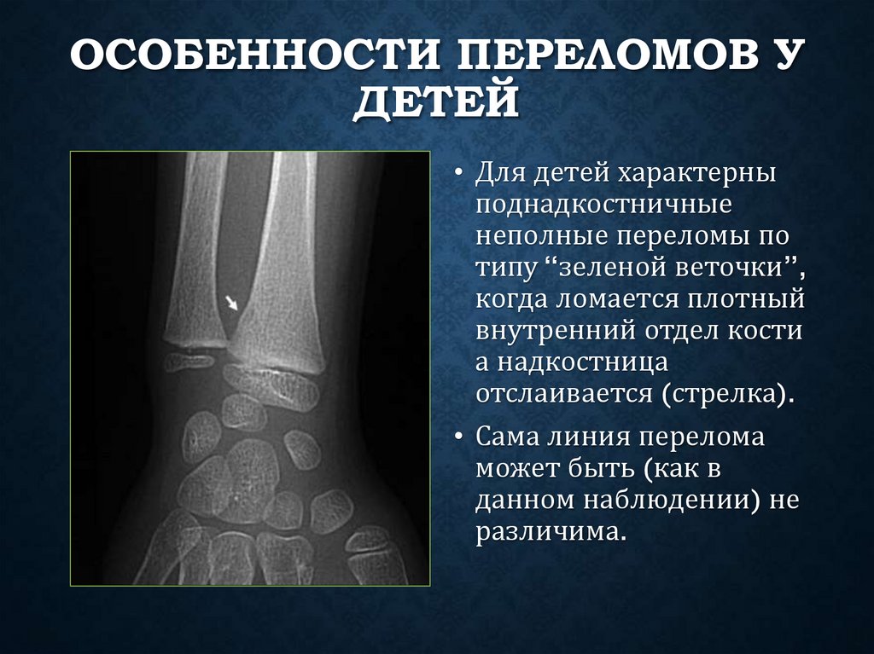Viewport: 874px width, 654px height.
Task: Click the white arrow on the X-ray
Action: (230, 302)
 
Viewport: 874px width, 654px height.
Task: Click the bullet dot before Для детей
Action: (458, 174)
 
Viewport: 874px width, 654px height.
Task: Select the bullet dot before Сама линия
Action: (458, 439)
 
